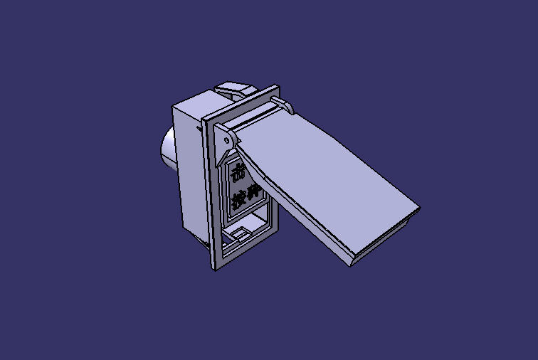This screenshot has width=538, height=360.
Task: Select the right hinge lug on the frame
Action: click(x=287, y=107)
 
